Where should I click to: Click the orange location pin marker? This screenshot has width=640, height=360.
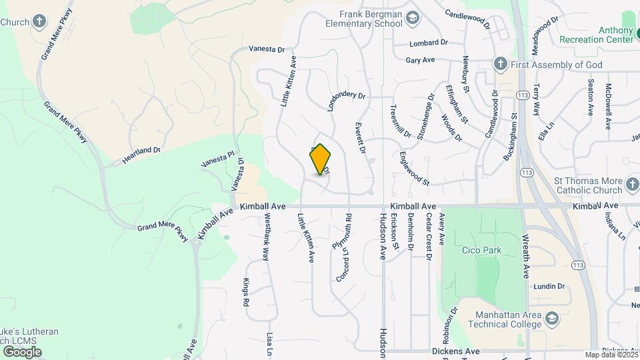[321, 159]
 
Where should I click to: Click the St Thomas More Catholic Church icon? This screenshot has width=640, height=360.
[632, 182]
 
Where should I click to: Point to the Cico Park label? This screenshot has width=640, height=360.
[481, 251]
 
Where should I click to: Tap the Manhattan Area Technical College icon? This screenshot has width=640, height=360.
[551, 319]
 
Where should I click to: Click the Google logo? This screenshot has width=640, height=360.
[21, 352]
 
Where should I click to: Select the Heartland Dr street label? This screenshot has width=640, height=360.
[141, 155]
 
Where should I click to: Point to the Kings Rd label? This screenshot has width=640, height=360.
[246, 292]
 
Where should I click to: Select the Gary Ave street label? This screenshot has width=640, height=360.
[420, 60]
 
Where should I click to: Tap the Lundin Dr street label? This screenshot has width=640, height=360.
[548, 286]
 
